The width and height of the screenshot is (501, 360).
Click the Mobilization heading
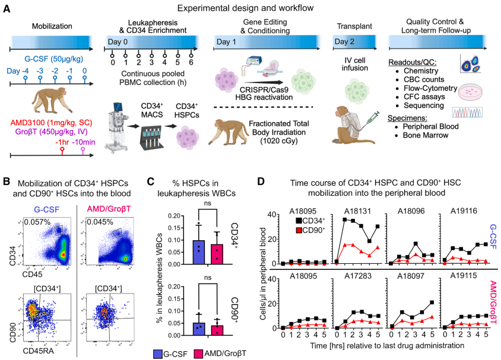click(x=49, y=26)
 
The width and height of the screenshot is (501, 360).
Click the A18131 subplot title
click(x=360, y=209)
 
